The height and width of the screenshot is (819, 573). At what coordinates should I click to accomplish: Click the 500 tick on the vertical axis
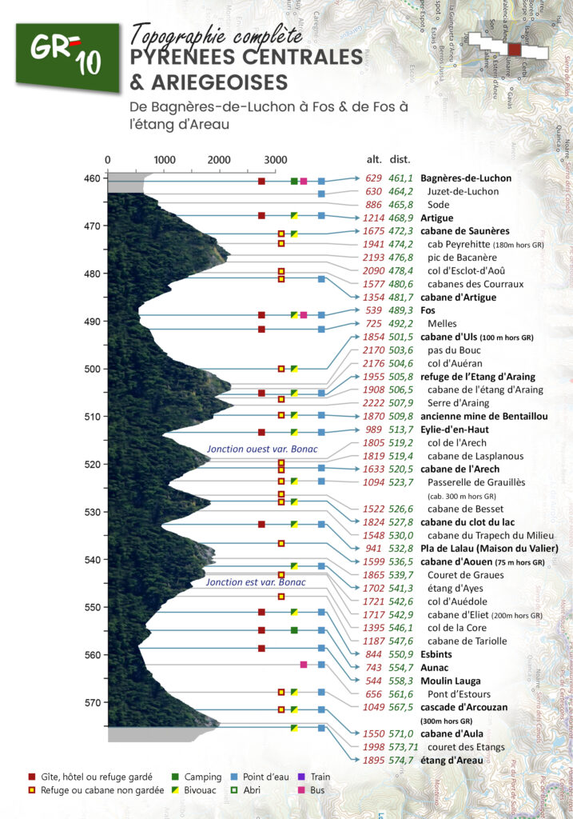point(94,369)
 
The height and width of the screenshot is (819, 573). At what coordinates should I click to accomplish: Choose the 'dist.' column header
point(400,158)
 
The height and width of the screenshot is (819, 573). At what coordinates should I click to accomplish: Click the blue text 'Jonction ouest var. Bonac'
point(262,449)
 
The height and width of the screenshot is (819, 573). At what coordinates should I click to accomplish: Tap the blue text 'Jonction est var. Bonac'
point(257,582)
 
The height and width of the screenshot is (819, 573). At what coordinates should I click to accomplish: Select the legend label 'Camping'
point(202,777)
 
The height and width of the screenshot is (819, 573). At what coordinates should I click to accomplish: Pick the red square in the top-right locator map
point(515,49)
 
